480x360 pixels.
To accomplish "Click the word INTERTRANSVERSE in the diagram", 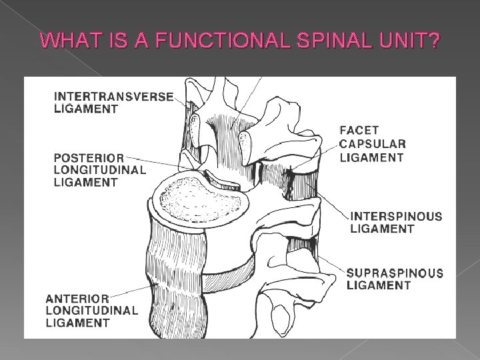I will pyautogui.click(x=113, y=96).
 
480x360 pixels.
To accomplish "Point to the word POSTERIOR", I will pyautogui.click(x=89, y=158).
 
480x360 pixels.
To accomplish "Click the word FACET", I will pyautogui.click(x=361, y=132).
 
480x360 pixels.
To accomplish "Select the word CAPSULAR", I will pyautogui.click(x=371, y=145).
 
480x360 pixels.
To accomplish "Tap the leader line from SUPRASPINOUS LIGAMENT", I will pyautogui.click(x=330, y=263).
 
